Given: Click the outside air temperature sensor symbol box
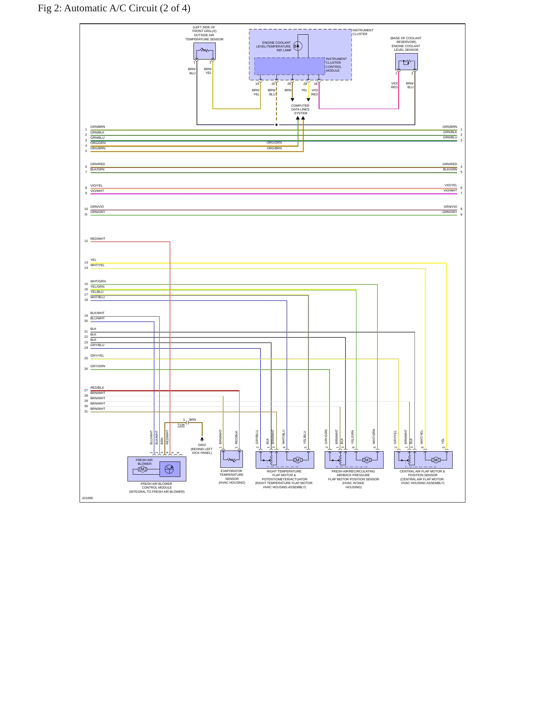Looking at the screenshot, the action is pos(204,51).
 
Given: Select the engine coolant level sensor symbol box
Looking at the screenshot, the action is pos(406,61).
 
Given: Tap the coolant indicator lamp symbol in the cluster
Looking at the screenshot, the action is pos(298,46).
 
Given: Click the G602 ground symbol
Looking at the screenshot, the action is pos(202,439).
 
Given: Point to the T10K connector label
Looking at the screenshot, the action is pos(181,425).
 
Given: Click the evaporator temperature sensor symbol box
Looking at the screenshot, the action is pos(231,459).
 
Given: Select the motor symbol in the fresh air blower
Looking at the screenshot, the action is pos(142,469).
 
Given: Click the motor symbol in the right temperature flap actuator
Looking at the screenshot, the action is pos(297,460).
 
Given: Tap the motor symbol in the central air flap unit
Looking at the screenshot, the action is pos(436,460).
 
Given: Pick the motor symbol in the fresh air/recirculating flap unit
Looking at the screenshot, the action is pos(366,460).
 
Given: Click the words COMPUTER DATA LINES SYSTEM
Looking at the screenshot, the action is pos(300,109).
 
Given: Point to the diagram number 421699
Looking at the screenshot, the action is pos(88,498).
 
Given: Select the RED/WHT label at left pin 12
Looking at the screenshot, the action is pos(98,239).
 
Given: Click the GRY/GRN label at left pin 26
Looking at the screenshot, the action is pos(98,366).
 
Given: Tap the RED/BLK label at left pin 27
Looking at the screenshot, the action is pos(97,388).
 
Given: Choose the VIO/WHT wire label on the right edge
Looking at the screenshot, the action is pos(450,190).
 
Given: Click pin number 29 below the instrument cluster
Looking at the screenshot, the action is pos(289,84).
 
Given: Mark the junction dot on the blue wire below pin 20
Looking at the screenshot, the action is pos(276,125).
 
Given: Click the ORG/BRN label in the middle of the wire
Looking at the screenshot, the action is pos(274,148).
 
